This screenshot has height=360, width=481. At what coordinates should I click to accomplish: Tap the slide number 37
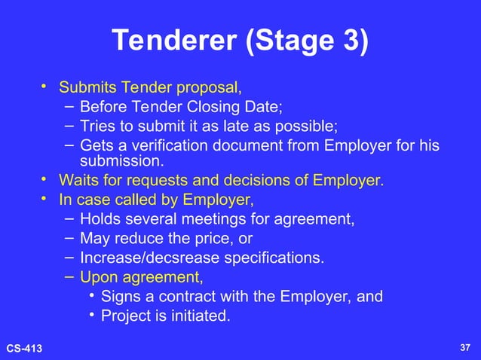[x=464, y=347]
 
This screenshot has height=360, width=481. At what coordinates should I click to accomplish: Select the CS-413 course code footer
[x=25, y=347]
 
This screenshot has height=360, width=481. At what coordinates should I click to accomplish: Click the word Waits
[x=78, y=180]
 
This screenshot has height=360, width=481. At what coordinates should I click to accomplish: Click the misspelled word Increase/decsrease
[x=147, y=258]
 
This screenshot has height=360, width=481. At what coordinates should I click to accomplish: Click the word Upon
[x=98, y=277]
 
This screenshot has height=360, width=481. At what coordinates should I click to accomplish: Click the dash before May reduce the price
[x=68, y=238]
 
